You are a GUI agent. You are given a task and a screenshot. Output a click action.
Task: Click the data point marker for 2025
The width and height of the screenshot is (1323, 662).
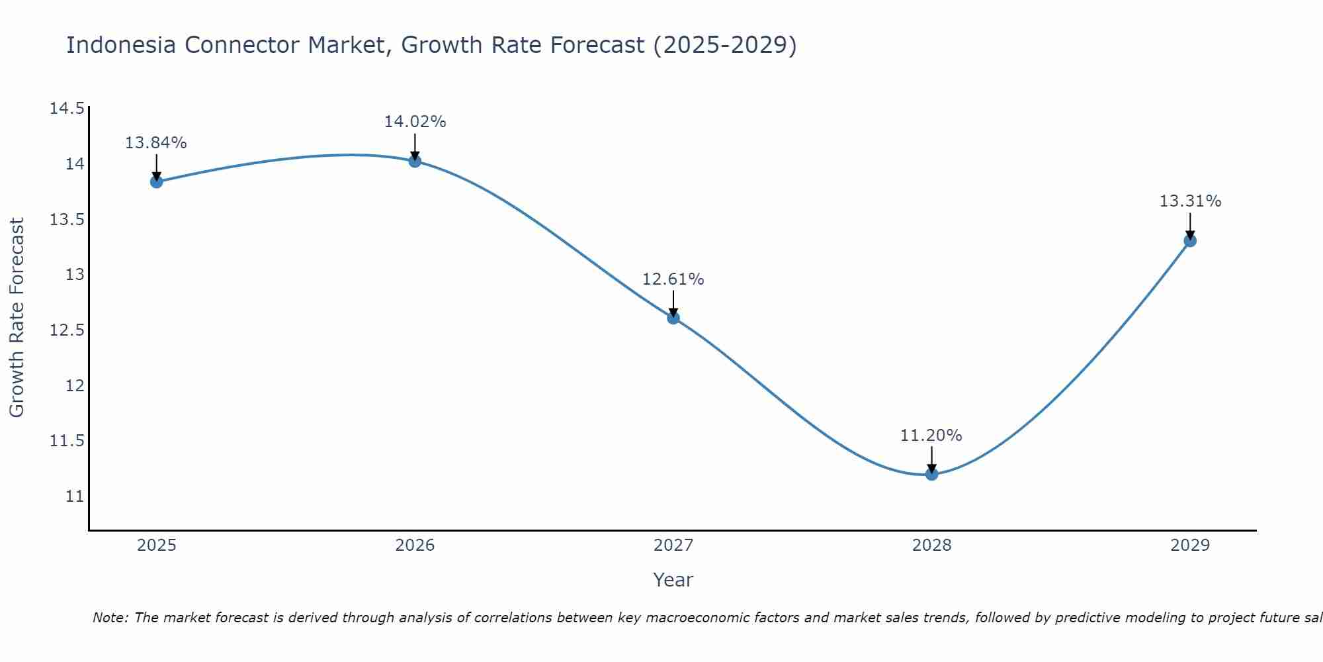coord(157,181)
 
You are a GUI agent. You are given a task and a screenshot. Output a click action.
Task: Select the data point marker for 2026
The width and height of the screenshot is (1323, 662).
coord(415,161)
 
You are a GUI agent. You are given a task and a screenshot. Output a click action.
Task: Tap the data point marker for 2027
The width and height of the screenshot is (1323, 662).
coord(673,318)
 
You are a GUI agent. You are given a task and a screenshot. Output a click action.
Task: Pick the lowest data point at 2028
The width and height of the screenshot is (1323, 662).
coord(931,474)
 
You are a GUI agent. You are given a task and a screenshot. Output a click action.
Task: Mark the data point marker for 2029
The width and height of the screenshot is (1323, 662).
coord(1190,240)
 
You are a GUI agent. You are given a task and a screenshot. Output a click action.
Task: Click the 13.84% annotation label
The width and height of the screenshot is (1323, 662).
coord(156,142)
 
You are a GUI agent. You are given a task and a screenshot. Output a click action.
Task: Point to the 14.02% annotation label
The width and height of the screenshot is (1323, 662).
coord(415,122)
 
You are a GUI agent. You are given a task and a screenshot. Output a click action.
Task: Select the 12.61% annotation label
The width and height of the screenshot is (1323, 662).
coord(673,279)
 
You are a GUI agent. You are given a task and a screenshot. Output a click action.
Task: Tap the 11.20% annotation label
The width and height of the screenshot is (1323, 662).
coord(931,436)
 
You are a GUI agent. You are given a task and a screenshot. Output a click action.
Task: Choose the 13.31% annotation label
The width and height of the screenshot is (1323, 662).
coord(1190,201)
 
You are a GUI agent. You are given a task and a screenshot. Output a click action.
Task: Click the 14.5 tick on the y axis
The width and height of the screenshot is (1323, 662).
coord(67,109)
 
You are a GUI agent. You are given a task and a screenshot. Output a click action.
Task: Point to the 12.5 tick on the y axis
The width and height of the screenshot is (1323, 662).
coord(67,330)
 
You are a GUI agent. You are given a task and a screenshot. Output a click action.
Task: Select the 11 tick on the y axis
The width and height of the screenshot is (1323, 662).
coord(75,496)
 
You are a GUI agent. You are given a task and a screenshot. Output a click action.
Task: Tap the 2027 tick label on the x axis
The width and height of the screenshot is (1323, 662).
coord(673,545)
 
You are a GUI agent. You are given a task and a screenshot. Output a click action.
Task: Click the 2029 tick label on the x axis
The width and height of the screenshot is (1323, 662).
coord(1190,545)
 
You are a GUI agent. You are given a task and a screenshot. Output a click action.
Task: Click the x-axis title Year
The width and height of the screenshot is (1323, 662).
coord(673,580)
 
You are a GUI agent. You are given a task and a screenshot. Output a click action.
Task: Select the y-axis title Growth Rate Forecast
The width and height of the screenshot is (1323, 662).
coord(17,318)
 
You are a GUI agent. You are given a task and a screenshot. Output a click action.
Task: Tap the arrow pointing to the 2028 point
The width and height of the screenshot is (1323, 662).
coord(931,459)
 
